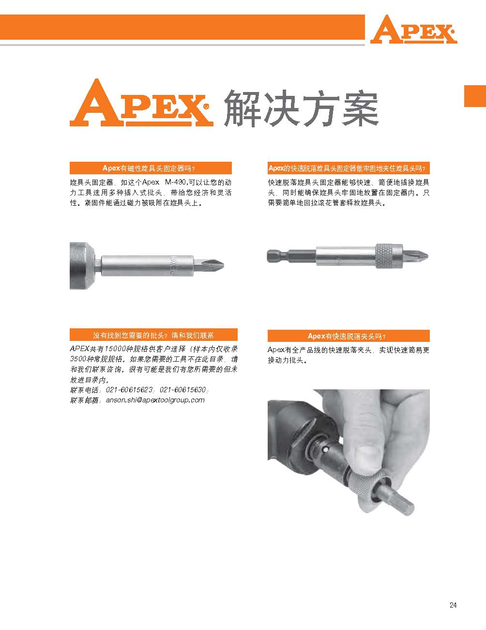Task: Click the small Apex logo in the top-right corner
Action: (x=413, y=29)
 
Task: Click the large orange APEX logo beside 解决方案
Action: (x=141, y=103)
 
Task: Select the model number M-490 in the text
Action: (x=176, y=183)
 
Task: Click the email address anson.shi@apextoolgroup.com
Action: (x=155, y=400)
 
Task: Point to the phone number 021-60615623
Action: (x=129, y=390)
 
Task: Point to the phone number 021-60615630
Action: (x=183, y=390)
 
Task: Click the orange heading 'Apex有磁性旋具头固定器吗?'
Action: (x=151, y=168)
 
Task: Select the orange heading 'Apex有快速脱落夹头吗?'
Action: (x=349, y=336)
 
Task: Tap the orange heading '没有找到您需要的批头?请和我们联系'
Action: (x=153, y=335)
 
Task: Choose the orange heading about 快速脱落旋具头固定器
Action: (x=349, y=168)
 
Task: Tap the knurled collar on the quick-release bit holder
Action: (x=389, y=256)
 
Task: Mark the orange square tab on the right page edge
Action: (x=475, y=96)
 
